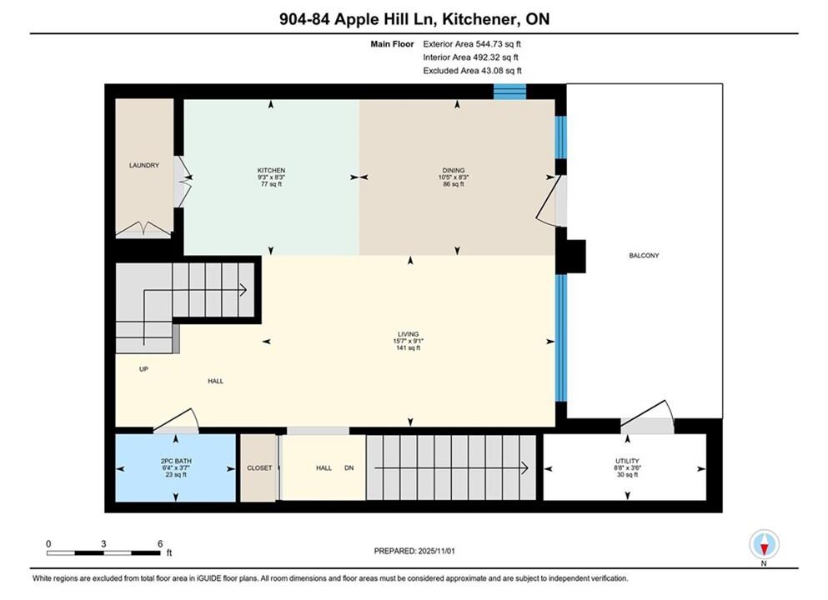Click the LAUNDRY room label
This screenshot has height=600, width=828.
click(143, 165)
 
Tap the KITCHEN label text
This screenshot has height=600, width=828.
click(271, 171)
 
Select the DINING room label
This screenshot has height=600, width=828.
click(453, 171)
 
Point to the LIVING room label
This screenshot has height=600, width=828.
click(409, 334)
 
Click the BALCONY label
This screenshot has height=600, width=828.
click(644, 255)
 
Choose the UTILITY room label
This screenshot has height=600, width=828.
click(627, 461)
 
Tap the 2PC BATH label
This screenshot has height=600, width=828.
click(176, 461)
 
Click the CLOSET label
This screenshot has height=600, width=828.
click(259, 468)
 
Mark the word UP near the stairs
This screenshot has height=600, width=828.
click(143, 369)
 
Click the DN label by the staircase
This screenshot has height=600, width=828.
click(349, 468)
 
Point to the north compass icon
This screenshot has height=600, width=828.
click(764, 544)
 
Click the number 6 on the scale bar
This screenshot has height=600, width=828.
click(160, 543)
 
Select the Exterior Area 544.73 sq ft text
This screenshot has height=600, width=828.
click(472, 44)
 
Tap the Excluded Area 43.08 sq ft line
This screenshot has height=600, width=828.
click(472, 71)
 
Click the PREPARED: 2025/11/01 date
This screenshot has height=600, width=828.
click(414, 551)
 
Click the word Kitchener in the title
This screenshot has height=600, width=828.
click(478, 19)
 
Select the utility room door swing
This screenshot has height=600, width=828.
click(647, 413)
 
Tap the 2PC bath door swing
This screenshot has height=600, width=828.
click(176, 420)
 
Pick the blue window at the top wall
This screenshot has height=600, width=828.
click(509, 92)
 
